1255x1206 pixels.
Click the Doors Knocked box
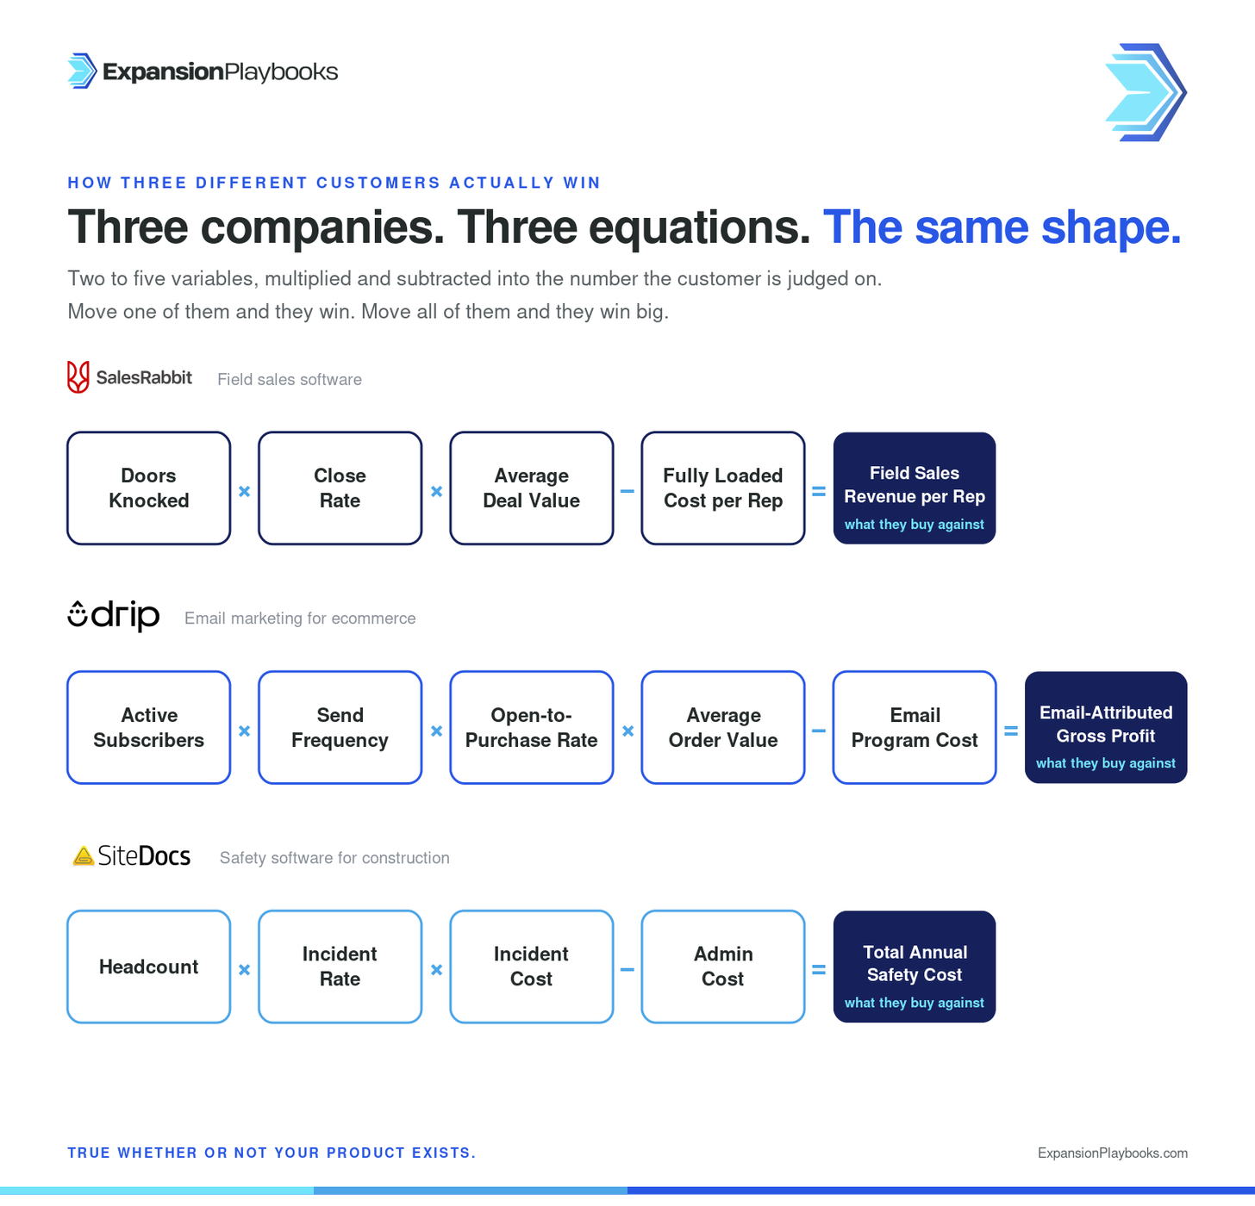(x=148, y=488)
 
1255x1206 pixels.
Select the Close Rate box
(x=340, y=488)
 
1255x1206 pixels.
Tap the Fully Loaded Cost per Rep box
(x=723, y=488)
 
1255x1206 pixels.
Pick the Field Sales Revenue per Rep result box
(x=915, y=488)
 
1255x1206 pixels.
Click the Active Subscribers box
(x=148, y=727)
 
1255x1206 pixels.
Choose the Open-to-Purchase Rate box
(x=532, y=727)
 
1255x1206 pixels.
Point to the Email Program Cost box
(x=915, y=727)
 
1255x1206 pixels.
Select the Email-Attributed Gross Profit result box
(x=1106, y=727)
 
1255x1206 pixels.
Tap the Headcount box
(x=148, y=967)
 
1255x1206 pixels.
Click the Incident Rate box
(x=340, y=967)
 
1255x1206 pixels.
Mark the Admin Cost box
(x=723, y=967)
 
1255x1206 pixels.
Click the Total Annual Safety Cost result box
(x=915, y=967)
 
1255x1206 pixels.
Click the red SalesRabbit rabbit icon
(x=78, y=377)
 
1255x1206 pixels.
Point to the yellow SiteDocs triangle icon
(x=84, y=856)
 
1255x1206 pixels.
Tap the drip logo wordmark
(x=114, y=616)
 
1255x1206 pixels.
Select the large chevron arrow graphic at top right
(x=1146, y=92)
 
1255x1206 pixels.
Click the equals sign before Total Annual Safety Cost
(x=818, y=969)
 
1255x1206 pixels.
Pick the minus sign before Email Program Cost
(x=818, y=731)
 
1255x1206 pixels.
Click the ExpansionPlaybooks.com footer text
(x=1113, y=1153)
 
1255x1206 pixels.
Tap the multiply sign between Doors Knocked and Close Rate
(x=245, y=491)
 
